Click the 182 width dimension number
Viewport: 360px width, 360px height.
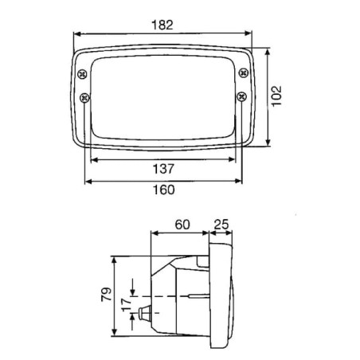point(162,25)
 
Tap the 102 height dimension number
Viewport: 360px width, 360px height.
point(276,96)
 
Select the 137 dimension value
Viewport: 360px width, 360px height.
point(163,169)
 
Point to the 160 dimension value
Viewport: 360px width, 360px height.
point(164,190)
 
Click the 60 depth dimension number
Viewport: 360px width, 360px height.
point(182,225)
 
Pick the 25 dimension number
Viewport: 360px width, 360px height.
point(221,225)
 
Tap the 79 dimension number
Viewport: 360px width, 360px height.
point(106,294)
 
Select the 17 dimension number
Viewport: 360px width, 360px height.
point(127,304)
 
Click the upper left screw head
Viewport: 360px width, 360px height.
point(82,74)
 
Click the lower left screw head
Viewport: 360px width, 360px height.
point(84,98)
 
